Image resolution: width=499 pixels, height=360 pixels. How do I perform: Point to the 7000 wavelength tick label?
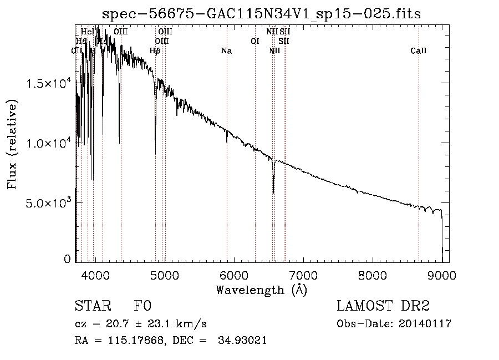pos(303,275)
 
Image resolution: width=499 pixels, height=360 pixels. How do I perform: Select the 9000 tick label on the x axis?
pos(442,275)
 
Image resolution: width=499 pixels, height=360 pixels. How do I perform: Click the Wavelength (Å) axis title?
pos(261,290)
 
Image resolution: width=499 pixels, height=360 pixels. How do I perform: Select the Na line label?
pos(226,51)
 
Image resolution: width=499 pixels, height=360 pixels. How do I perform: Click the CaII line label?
pos(419,51)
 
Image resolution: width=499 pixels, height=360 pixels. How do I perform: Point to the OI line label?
pos(255,41)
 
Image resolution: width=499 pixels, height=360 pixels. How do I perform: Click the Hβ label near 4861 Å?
pos(155,51)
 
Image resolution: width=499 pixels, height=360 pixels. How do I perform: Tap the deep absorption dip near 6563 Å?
pos(273,189)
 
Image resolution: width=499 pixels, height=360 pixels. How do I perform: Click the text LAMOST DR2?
pos(383,307)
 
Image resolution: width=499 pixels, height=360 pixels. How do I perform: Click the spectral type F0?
pos(143,307)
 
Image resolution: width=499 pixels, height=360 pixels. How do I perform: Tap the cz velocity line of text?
pos(141,324)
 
